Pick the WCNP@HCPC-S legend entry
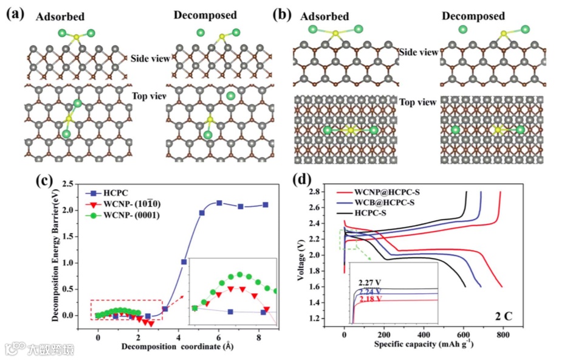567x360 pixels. click(x=387, y=192)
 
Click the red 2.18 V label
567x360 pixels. click(x=368, y=299)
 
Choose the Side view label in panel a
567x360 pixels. click(x=148, y=58)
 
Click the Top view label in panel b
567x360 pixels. click(x=418, y=102)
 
